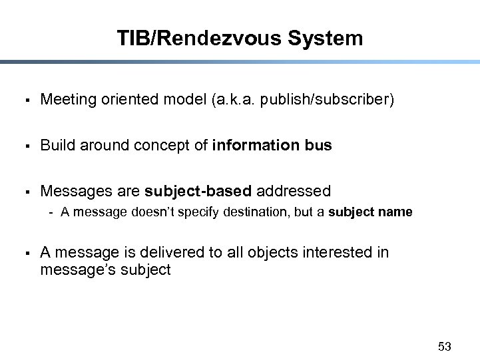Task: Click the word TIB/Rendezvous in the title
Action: coord(199,38)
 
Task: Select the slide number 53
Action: coord(445,346)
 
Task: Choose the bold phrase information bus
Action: coord(272,145)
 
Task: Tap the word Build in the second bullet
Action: coord(58,145)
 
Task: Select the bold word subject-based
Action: coord(198,191)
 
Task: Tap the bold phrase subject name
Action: coord(370,212)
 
